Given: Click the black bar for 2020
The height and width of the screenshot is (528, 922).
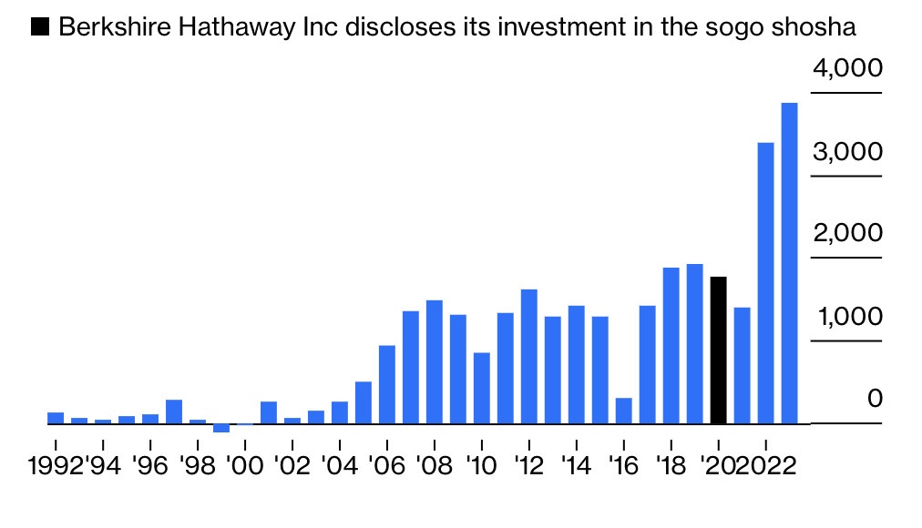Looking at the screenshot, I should [x=718, y=350].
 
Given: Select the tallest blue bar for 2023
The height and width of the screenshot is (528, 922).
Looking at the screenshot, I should [x=789, y=263].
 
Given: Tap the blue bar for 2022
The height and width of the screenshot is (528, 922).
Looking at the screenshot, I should [x=765, y=283].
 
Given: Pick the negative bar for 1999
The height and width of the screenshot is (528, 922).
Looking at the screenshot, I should [x=221, y=428].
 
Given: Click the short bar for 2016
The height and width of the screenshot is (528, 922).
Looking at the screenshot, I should [x=623, y=411].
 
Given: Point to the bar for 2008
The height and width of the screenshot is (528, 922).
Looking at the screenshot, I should [x=434, y=361].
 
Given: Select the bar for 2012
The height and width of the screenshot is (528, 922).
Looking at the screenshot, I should [x=528, y=356].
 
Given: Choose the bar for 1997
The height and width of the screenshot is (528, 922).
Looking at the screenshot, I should [x=174, y=411].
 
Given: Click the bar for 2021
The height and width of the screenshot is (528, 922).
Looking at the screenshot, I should [x=742, y=365].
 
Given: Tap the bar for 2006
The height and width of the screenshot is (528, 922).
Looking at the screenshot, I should [x=386, y=384].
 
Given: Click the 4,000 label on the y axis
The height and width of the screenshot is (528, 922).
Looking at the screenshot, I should [x=847, y=69].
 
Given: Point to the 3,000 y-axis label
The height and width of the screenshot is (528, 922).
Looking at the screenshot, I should [x=847, y=152].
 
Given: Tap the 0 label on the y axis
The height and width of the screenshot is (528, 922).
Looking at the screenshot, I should [x=875, y=399].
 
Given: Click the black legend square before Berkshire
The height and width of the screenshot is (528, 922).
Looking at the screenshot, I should [x=41, y=28].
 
